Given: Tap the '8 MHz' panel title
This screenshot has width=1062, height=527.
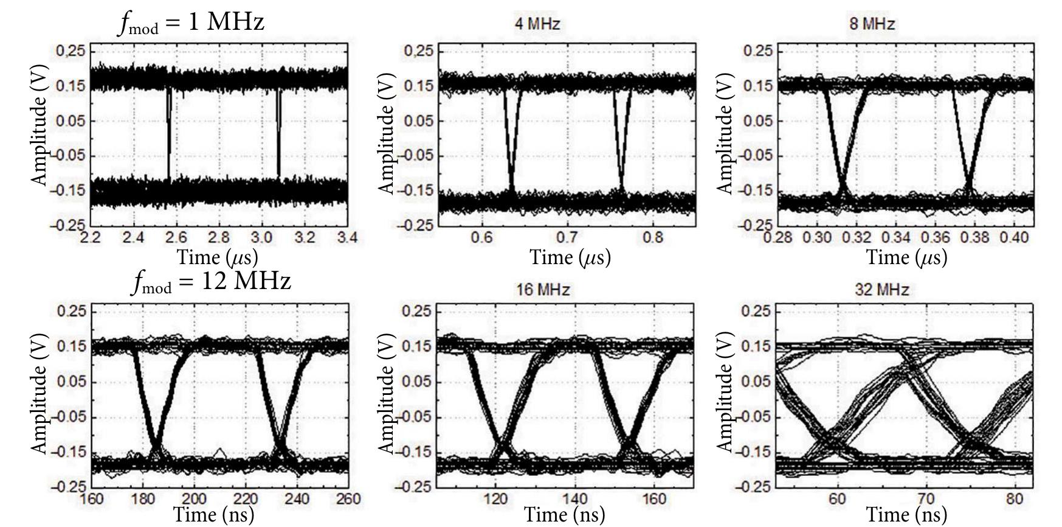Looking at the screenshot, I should coord(872,24).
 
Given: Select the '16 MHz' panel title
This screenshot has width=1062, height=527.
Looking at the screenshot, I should coord(542,290).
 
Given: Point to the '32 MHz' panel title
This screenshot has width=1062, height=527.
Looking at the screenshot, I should coord(881,290).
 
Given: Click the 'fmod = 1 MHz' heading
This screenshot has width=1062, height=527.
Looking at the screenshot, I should coord(191,23).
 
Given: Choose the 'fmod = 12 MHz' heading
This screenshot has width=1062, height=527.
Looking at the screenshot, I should coord(211,281).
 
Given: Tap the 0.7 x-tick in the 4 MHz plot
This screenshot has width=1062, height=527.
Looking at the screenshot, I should coord(567,237).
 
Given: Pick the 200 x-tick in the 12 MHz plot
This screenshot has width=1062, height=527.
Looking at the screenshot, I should coord(195,499).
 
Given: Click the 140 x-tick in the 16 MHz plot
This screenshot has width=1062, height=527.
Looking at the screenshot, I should coord(575,499).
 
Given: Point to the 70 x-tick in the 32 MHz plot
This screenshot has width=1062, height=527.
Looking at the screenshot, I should coord(925,499).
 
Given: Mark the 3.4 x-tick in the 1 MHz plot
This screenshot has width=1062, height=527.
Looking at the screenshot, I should coord(347,237).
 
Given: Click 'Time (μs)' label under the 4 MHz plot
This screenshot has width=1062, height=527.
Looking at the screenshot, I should coord(570,257).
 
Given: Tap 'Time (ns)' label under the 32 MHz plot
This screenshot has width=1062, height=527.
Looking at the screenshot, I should coord(906,515).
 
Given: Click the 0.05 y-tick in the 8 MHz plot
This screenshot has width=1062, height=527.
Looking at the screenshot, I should coord(759,120).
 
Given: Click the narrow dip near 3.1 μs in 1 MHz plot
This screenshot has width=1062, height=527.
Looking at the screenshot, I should coord(278,134).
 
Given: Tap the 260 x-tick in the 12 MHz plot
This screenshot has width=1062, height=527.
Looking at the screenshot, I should coord(348,499).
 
